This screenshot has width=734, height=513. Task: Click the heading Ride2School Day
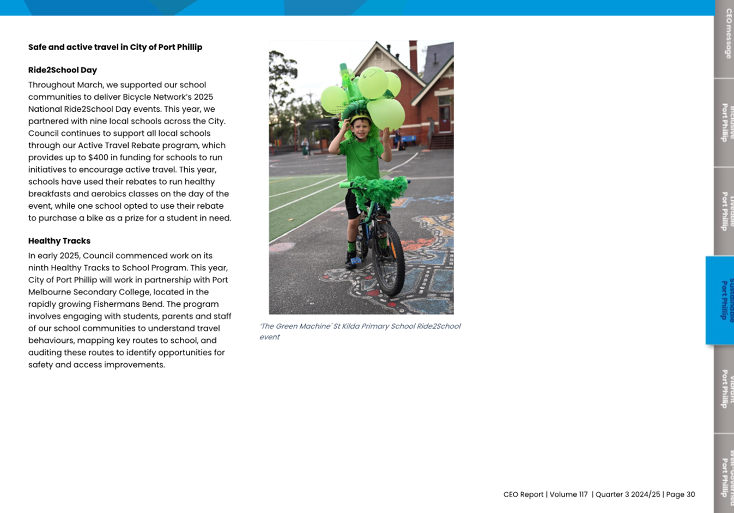tap(62, 70)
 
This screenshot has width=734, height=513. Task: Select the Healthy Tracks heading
tap(59, 240)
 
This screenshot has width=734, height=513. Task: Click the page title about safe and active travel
tap(115, 47)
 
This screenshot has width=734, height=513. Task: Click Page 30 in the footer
tap(681, 494)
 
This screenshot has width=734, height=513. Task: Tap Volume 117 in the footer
tap(568, 494)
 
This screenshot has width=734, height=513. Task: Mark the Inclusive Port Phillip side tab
tap(725, 123)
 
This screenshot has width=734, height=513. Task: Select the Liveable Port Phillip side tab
tap(725, 211)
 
